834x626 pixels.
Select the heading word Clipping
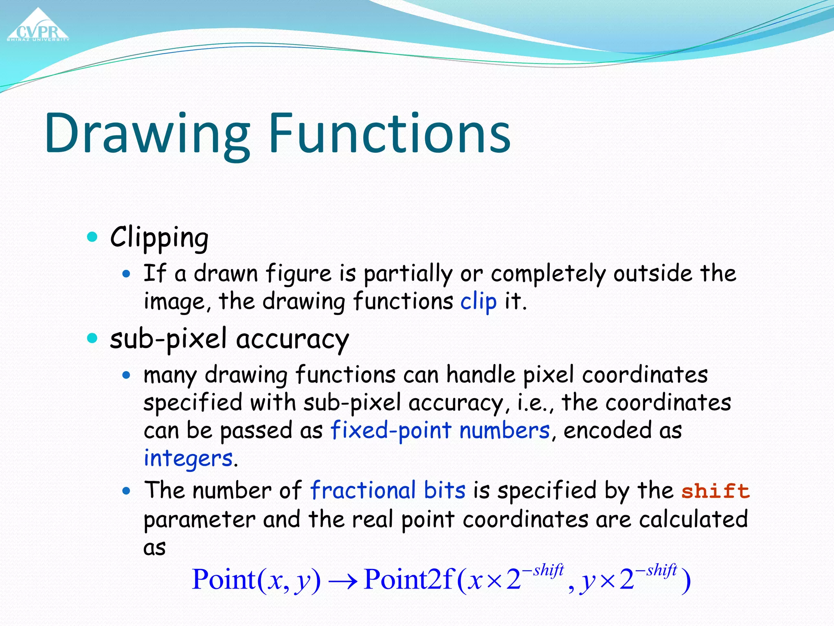point(159,237)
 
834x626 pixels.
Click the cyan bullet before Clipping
point(93,236)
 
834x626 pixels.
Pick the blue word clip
point(478,302)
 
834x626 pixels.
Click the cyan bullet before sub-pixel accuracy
point(93,338)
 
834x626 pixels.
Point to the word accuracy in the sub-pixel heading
point(292,339)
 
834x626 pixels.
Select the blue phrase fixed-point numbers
point(440,430)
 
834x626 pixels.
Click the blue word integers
point(188,458)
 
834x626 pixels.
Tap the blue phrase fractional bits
point(387,490)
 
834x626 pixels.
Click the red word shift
point(715,491)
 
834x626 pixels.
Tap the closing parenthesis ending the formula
point(686,581)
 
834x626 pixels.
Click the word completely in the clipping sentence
point(548,273)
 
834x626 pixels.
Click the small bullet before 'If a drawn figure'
point(127,273)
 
